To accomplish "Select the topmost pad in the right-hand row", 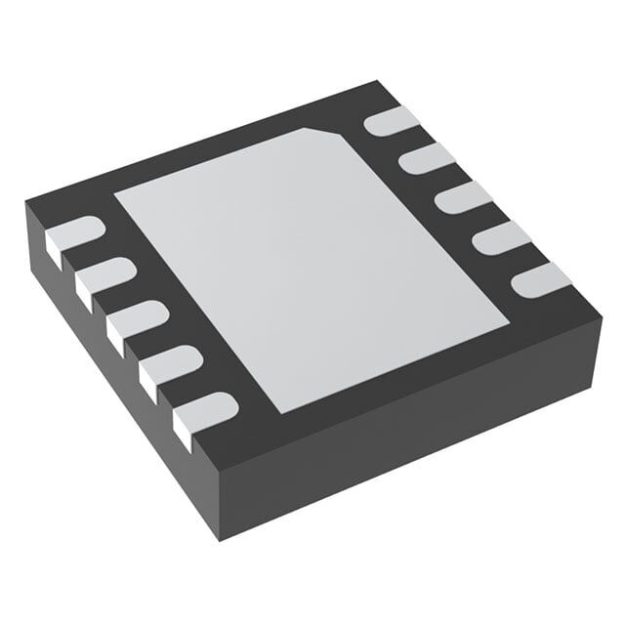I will pyautogui.click(x=391, y=121).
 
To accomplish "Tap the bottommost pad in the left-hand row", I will pyautogui.click(x=205, y=410).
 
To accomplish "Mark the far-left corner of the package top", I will pyautogui.click(x=26, y=203).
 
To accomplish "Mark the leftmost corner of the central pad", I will pyautogui.click(x=115, y=194).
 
